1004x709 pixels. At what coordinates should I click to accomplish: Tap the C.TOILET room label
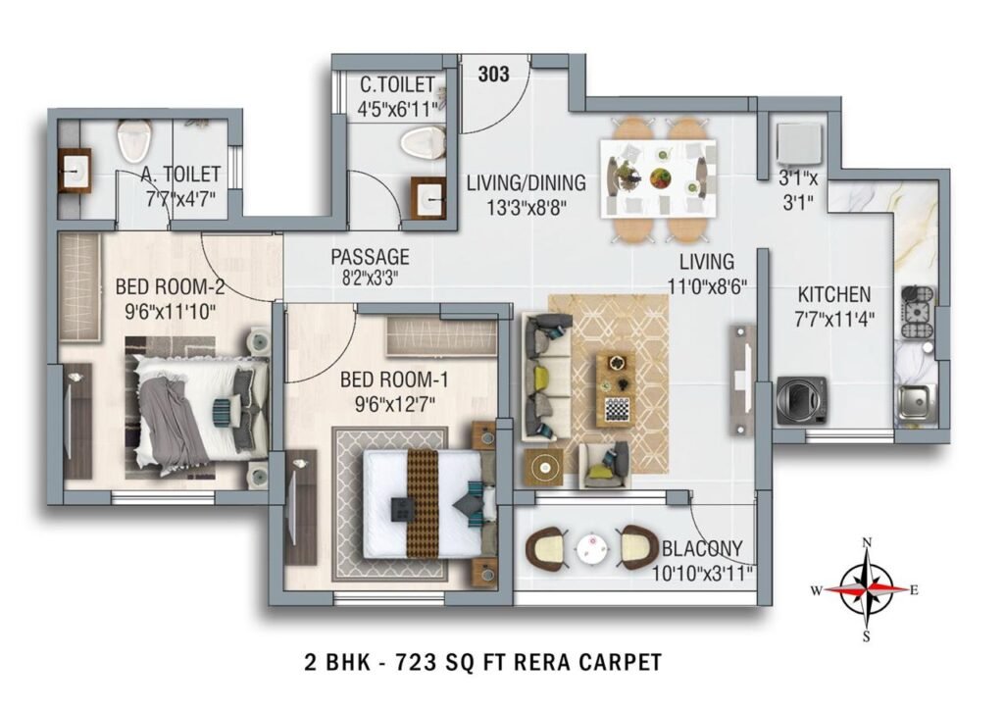coord(395,85)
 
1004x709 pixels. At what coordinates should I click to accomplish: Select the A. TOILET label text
coord(180,176)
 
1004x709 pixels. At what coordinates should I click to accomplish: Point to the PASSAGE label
coord(369,257)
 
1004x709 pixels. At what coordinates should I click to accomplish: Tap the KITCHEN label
coord(833,294)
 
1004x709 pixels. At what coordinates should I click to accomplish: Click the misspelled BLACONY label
coord(701,549)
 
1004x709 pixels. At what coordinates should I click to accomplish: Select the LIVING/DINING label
coord(526,182)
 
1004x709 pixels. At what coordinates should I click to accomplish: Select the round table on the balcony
coord(591,549)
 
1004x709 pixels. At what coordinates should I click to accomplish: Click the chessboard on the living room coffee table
coord(618,408)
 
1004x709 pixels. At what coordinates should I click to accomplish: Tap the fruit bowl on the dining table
coord(660,178)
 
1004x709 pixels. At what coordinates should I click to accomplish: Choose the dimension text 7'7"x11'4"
coord(833,318)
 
